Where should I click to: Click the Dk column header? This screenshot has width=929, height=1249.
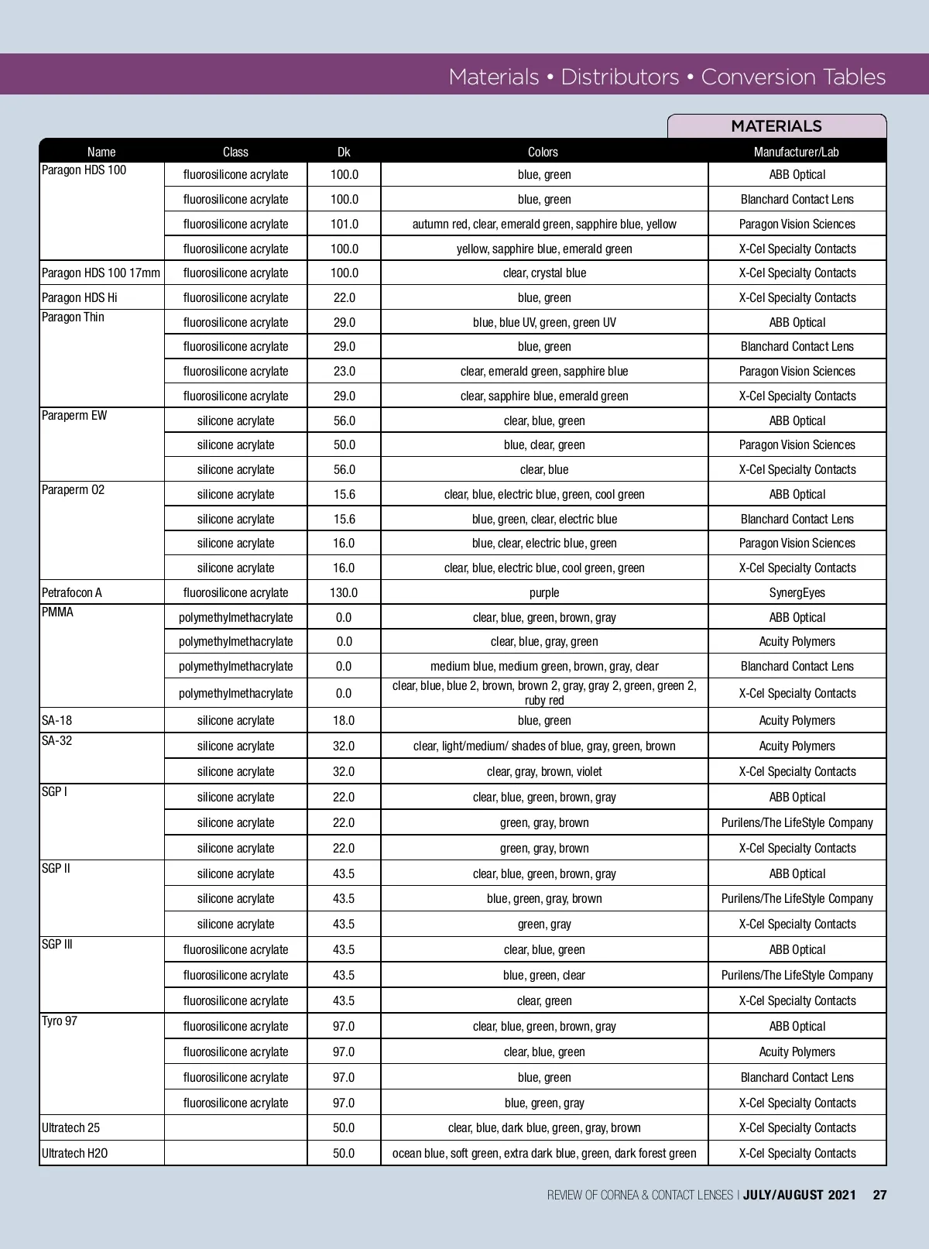(x=344, y=152)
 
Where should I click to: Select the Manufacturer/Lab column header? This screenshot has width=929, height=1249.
(x=797, y=152)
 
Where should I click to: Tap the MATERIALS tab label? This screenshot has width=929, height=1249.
(x=776, y=126)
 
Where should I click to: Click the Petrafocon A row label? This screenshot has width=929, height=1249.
(x=72, y=592)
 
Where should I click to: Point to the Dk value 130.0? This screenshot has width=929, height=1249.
(x=344, y=592)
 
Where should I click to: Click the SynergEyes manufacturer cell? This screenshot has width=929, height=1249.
(x=797, y=592)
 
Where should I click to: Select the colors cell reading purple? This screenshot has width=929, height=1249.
(x=544, y=592)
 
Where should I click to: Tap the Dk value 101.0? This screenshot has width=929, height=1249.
(x=344, y=224)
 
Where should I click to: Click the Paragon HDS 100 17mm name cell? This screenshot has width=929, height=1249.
(x=101, y=273)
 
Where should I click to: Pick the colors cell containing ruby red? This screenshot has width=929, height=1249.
(x=544, y=693)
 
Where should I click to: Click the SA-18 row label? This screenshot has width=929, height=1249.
(x=57, y=720)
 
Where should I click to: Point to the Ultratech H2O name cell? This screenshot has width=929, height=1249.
(x=75, y=1153)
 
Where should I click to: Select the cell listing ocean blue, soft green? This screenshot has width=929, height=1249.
(x=544, y=1153)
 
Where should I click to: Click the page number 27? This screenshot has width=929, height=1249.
(x=879, y=1195)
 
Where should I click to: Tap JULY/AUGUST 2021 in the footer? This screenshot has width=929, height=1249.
(x=800, y=1195)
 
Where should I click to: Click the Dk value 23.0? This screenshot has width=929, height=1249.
(x=344, y=371)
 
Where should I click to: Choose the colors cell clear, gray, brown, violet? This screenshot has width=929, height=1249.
(x=544, y=771)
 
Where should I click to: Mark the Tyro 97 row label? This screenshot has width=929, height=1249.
(x=60, y=1021)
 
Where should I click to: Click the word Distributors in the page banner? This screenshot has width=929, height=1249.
(x=619, y=77)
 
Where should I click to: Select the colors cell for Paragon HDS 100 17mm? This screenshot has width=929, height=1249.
(x=544, y=273)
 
